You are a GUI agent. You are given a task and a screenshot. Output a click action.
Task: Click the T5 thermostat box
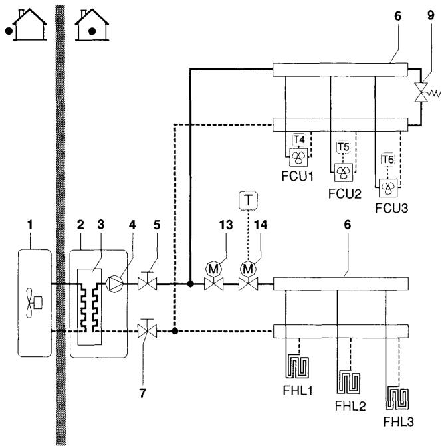pos(343,146)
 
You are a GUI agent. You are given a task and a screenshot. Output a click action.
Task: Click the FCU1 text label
pos(298,178)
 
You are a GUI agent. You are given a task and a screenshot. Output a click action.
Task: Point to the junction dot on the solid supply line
pos(190,284)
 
